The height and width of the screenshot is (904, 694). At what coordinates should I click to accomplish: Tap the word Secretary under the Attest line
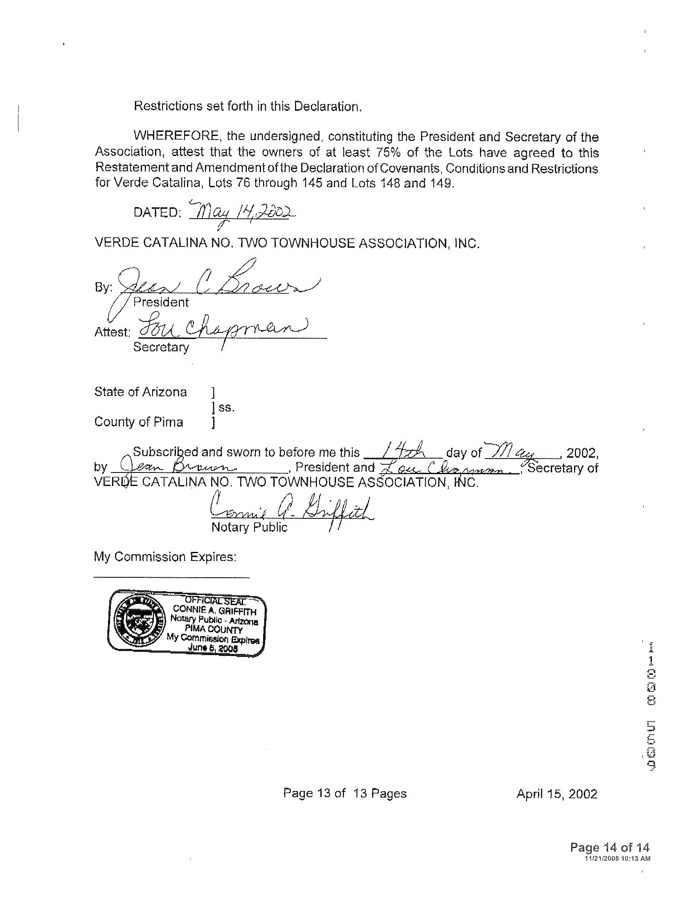pos(161,347)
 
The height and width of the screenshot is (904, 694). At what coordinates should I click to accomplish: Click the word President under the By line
pos(161,303)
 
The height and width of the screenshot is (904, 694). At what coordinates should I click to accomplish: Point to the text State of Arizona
pos(140,392)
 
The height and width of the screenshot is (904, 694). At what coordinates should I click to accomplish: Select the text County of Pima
pos(138,422)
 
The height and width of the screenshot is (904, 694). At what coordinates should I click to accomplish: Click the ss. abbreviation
pos(227,407)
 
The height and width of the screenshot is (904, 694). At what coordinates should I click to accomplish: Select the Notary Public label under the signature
pos(249,527)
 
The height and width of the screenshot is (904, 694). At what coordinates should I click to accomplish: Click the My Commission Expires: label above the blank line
pos(165,557)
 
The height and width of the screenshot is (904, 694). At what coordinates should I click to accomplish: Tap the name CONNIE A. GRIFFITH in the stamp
pos(214,610)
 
